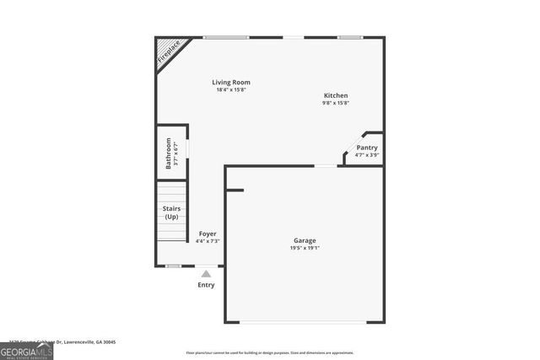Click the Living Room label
coord(230,83)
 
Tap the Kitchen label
coord(335,96)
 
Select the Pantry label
coord(366,148)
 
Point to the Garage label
coord(305,240)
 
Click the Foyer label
coord(208,234)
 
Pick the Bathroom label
coord(169,153)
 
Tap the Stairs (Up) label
coord(171,212)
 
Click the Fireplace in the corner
coord(170,51)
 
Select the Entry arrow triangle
coord(206,273)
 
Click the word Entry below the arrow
coord(206,285)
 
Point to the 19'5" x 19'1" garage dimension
coord(305,248)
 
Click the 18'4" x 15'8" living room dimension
coord(230,90)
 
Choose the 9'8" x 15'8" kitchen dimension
coord(335,104)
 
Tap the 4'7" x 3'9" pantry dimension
coord(366,155)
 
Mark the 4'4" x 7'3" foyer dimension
coord(208,241)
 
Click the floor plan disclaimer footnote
coord(270,353)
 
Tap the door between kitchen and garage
coord(325,166)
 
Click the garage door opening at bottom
coord(305,322)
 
